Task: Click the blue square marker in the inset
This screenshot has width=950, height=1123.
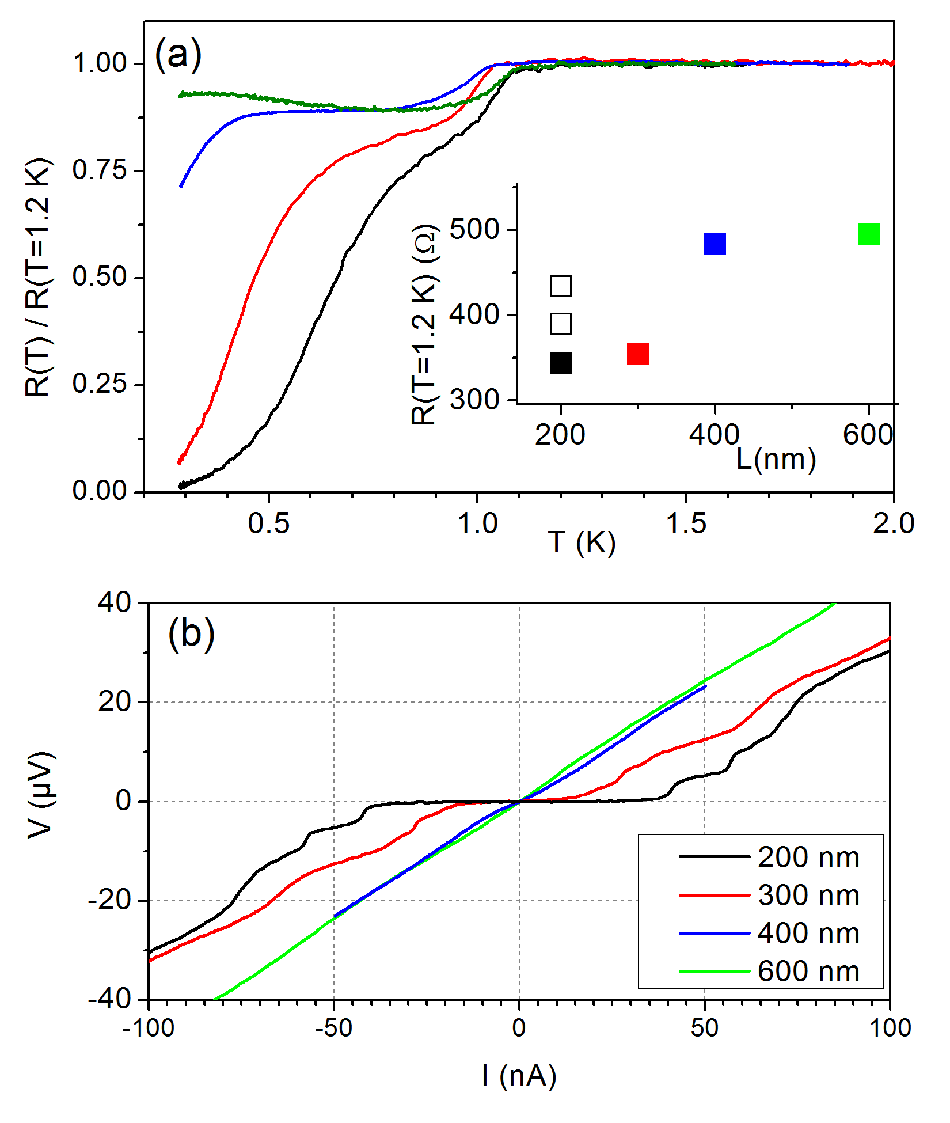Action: click(x=715, y=244)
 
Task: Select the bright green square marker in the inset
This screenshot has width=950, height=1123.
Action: click(x=868, y=234)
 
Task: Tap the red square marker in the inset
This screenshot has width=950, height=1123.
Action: click(x=637, y=354)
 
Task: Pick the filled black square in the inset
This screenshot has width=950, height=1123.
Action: click(x=560, y=363)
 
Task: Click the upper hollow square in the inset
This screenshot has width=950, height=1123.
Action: click(x=560, y=286)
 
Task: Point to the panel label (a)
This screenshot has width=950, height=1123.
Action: click(x=178, y=55)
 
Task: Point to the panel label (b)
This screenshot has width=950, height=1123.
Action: click(x=191, y=633)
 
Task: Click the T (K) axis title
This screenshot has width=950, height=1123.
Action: click(x=582, y=542)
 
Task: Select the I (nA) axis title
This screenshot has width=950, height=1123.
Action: click(x=519, y=1075)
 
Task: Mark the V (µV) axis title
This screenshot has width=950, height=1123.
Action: click(x=41, y=795)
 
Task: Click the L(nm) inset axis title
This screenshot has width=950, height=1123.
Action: click(x=776, y=460)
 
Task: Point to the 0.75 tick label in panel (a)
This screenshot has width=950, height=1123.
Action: click(x=99, y=170)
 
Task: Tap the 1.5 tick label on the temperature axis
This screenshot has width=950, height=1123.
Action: click(x=685, y=523)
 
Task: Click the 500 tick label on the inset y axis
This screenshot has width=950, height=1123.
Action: click(x=474, y=229)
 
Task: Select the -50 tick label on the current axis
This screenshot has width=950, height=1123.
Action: click(x=333, y=1028)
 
